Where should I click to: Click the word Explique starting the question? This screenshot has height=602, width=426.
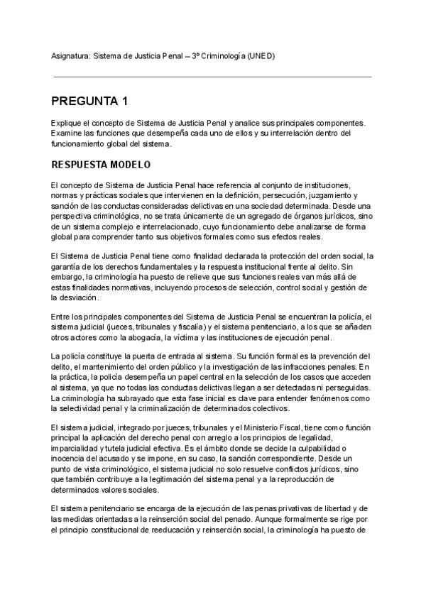(x=66, y=124)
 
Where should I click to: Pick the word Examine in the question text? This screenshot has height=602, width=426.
(x=67, y=133)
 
